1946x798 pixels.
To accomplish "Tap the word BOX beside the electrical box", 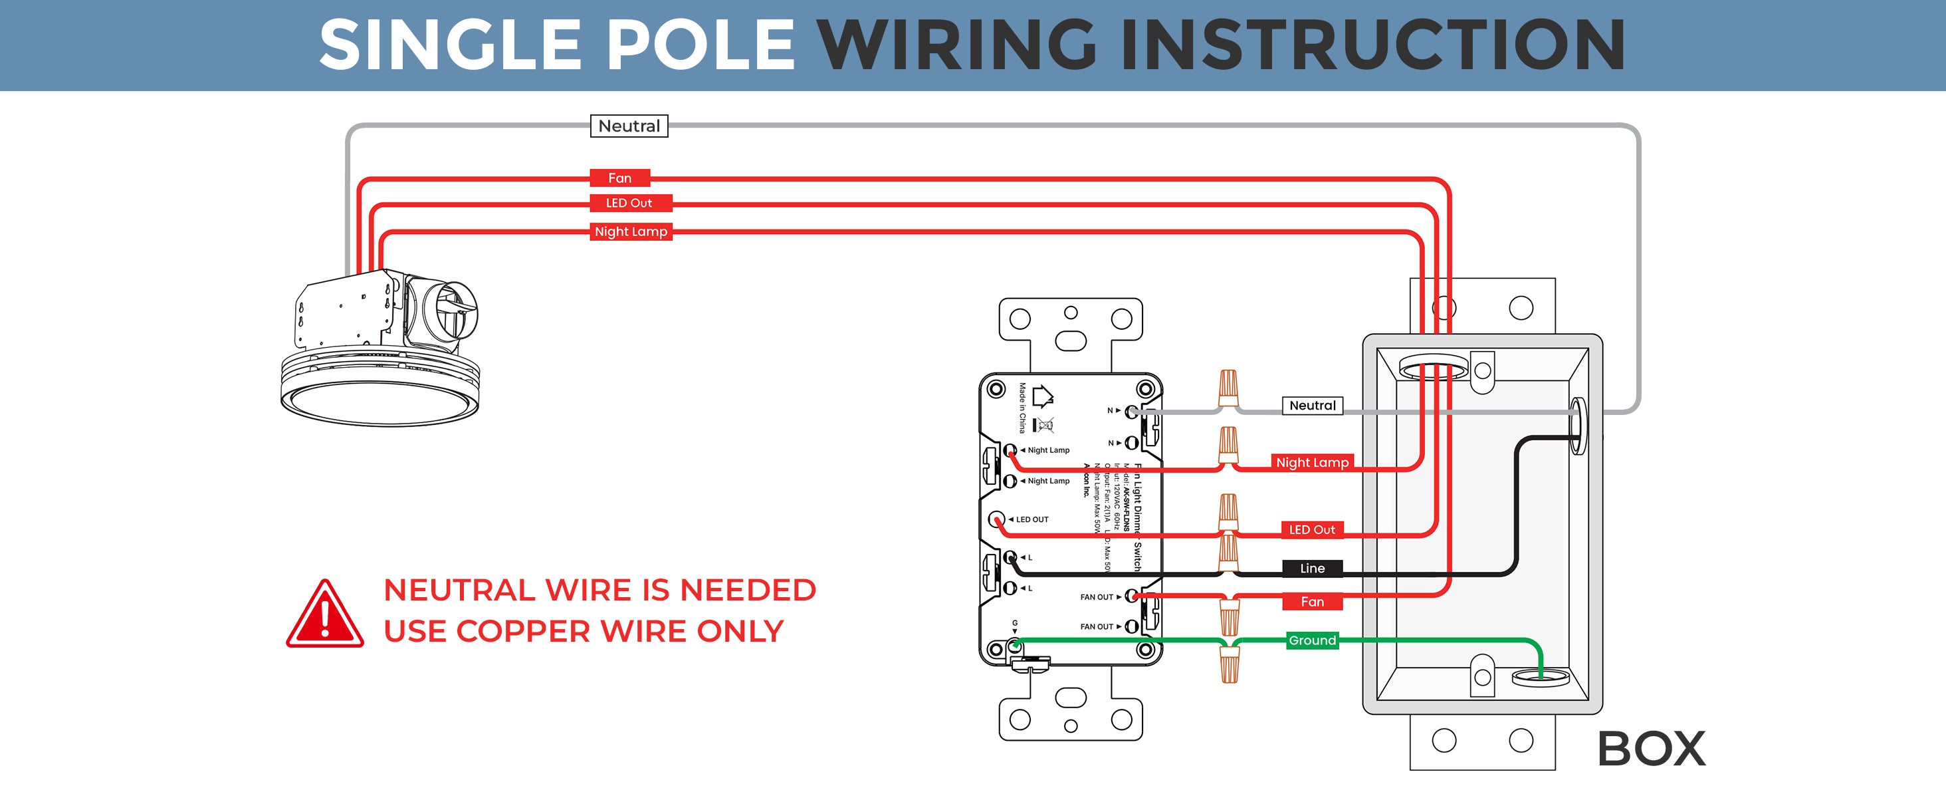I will point(1652,749).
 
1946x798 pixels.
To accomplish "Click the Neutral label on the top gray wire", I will point(629,126).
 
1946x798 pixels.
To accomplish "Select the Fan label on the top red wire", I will point(619,178).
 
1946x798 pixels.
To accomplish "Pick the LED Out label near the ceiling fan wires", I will point(629,203).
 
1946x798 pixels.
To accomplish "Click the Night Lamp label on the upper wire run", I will point(631,232).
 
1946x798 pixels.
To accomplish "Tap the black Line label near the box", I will point(1312,569).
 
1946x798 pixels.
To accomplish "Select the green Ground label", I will point(1312,640).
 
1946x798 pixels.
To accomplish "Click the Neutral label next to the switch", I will point(1312,406).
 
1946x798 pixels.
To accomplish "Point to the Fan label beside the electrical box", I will point(1312,602).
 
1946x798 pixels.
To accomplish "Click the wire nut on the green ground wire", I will point(1229,664).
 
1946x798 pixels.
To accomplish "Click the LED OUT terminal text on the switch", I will point(1032,520).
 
